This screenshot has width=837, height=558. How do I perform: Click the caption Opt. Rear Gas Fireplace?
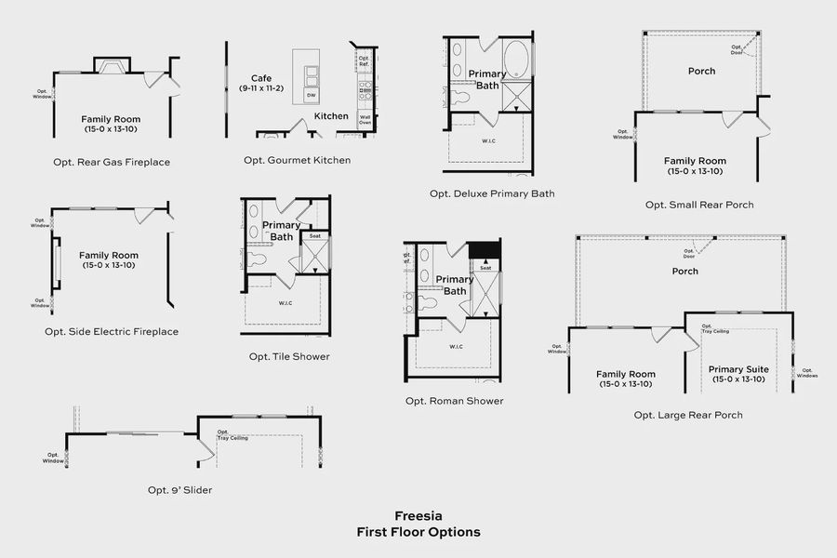112,162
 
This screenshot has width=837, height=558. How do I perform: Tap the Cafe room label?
260,79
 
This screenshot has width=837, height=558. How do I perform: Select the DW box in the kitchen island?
311,96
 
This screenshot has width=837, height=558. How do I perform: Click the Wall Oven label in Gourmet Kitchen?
365,120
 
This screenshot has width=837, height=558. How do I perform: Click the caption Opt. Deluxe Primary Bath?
492,193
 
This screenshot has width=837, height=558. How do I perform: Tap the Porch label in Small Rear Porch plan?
701,71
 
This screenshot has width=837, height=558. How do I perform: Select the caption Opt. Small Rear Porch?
699,205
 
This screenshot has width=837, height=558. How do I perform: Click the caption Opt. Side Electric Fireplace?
112,331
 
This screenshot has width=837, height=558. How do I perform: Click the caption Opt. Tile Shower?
288,356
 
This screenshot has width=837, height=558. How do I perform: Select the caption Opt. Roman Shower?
454,401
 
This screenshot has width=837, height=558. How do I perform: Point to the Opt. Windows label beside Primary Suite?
807,374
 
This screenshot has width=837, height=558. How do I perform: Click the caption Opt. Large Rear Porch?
687,415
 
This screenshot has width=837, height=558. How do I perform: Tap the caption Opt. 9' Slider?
179,489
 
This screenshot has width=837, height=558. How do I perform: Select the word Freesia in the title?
418,515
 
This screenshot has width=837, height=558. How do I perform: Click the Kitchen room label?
331,116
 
